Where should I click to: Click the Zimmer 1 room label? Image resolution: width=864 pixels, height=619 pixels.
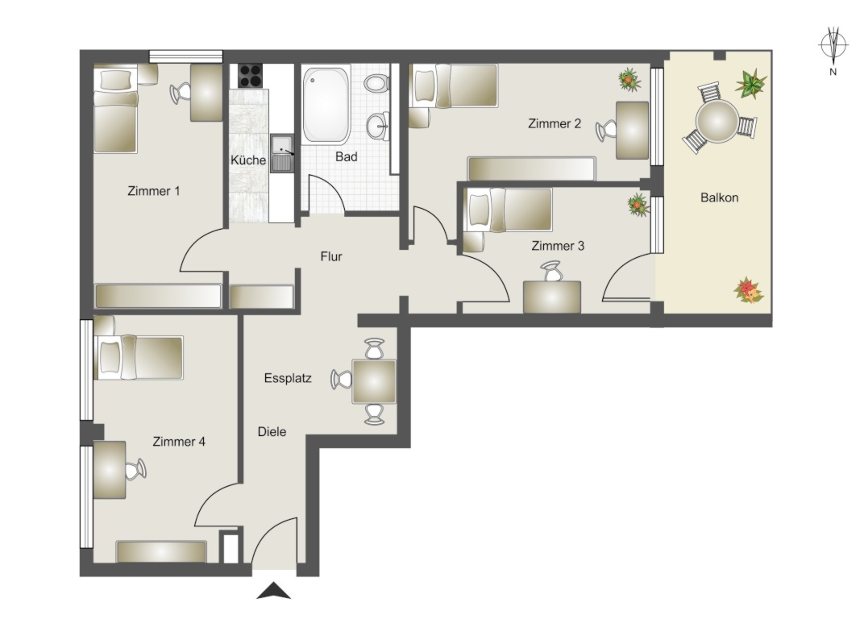[x=154, y=191]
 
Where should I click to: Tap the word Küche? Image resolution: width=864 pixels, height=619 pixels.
[x=248, y=160]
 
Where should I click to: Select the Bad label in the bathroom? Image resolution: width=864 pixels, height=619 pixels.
[x=346, y=157]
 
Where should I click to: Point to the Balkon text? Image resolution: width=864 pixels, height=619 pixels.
[x=719, y=197]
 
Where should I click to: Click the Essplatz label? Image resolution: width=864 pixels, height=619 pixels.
[x=288, y=378]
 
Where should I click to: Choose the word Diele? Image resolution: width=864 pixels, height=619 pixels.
[x=272, y=431]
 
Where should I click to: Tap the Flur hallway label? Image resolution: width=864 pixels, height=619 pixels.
[x=331, y=256]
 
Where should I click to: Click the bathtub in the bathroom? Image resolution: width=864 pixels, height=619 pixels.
[x=326, y=104]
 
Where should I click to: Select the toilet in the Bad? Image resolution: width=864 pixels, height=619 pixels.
[x=376, y=84]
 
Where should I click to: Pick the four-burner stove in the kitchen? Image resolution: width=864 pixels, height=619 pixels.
[x=250, y=76]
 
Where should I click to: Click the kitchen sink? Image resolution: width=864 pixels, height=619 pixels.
[x=281, y=153]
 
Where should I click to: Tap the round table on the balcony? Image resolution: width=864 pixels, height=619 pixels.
[x=717, y=121]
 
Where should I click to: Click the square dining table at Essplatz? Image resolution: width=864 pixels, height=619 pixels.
[x=374, y=381]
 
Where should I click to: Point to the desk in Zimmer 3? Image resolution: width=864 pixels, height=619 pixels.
[x=551, y=297]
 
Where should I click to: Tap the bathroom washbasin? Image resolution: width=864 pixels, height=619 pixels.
[x=378, y=126]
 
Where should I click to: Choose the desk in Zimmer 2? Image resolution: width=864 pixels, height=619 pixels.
[x=632, y=131]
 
